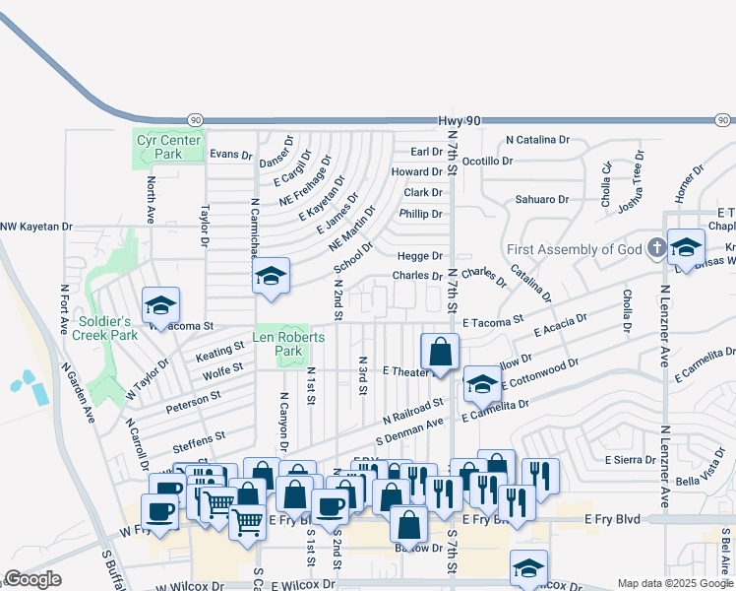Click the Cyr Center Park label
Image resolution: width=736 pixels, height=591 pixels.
(158, 147)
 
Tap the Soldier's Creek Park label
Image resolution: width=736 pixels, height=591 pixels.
(104, 328)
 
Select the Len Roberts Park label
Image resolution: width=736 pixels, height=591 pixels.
(288, 343)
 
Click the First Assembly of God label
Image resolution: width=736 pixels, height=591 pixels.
(575, 248)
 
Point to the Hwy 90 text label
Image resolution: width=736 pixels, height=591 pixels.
(460, 120)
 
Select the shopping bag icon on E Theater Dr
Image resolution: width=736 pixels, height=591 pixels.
(441, 352)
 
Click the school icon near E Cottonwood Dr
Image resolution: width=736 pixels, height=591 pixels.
(482, 384)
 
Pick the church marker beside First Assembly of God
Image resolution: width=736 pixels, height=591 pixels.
(656, 248)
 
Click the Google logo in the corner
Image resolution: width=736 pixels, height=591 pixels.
(32, 579)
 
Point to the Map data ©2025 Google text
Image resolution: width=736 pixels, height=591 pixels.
(674, 583)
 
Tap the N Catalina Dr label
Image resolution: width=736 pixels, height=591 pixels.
(537, 140)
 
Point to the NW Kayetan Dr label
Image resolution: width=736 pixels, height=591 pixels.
(36, 227)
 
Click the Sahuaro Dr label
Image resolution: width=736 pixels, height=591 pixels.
(542, 199)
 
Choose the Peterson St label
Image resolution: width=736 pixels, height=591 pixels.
(195, 404)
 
